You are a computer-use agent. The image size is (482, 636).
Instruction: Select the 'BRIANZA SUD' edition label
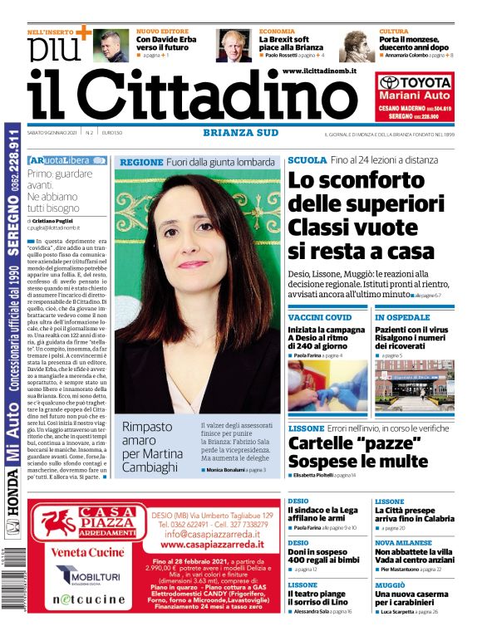coord(239,131)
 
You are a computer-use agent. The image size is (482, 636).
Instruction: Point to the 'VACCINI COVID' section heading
coord(320,317)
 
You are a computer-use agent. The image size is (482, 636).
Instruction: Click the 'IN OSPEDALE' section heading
coord(402,317)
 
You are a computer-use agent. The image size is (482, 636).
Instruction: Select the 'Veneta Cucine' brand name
coord(88,552)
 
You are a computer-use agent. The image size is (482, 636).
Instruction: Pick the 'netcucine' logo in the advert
coord(88,599)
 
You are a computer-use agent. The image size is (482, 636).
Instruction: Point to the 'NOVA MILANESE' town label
coord(403,542)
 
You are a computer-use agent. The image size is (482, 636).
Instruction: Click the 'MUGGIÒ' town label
coord(390,585)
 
